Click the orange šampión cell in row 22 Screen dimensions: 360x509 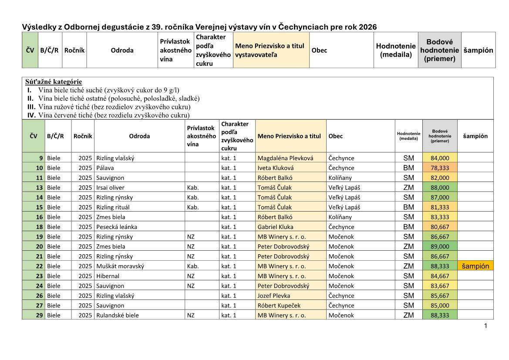click(x=475, y=266)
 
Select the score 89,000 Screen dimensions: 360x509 click(x=439, y=246)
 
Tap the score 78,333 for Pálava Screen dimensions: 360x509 click(x=439, y=168)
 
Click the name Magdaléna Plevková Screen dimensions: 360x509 click(x=285, y=158)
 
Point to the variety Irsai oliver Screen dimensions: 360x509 click(x=110, y=188)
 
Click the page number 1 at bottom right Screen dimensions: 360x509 click(x=485, y=326)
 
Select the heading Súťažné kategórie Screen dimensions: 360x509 click(x=53, y=81)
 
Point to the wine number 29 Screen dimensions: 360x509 click(x=39, y=315)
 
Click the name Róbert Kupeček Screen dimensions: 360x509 click(x=279, y=306)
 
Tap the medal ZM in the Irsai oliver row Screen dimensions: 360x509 click(x=408, y=188)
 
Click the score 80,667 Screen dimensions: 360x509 click(x=439, y=227)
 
